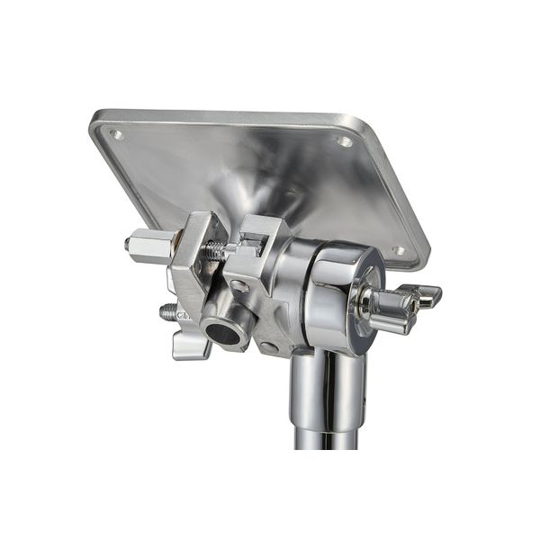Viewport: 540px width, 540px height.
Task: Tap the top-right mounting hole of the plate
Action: tap(344, 141)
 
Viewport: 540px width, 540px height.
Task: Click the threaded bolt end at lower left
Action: tap(167, 311)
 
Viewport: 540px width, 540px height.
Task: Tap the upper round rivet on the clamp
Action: tap(238, 286)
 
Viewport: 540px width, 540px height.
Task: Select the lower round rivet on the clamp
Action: tap(267, 347)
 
